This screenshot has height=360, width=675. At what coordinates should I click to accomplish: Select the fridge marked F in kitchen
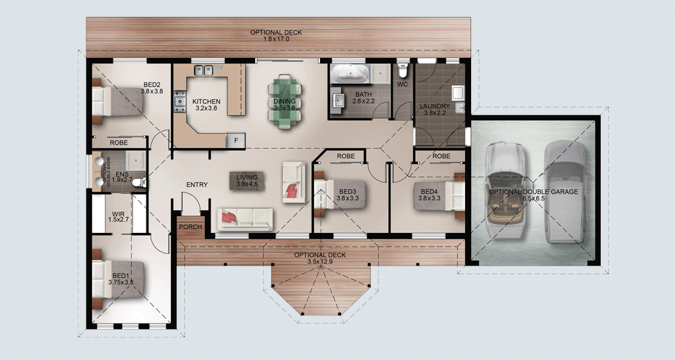[236, 140]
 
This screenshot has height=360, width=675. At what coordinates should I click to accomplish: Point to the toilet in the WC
[403, 70]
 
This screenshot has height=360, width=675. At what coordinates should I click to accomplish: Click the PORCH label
[190, 227]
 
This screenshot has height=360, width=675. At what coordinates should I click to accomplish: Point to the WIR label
[118, 213]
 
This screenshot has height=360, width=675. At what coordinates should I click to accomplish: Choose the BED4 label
[429, 192]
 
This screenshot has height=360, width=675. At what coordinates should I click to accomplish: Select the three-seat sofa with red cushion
[244, 217]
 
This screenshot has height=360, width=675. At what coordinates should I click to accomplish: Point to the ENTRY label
[196, 185]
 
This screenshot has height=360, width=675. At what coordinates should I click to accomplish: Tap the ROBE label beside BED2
[119, 143]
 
